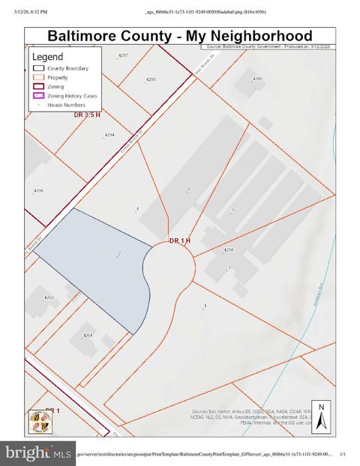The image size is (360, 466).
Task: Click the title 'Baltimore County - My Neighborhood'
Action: [x=179, y=35]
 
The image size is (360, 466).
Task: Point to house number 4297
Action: [x=124, y=56]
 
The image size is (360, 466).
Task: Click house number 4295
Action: [x=151, y=79]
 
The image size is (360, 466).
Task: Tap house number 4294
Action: [x=109, y=135]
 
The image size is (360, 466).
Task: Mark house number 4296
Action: [x=39, y=190]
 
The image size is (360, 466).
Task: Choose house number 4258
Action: [x=229, y=250]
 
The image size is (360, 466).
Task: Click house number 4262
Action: [x=49, y=297]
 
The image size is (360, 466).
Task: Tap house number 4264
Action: [x=88, y=335]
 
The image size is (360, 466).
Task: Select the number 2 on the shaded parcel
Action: [x=118, y=255]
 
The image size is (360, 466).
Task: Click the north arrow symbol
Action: [x=319, y=417]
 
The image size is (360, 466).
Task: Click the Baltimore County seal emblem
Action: [x=38, y=420]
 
